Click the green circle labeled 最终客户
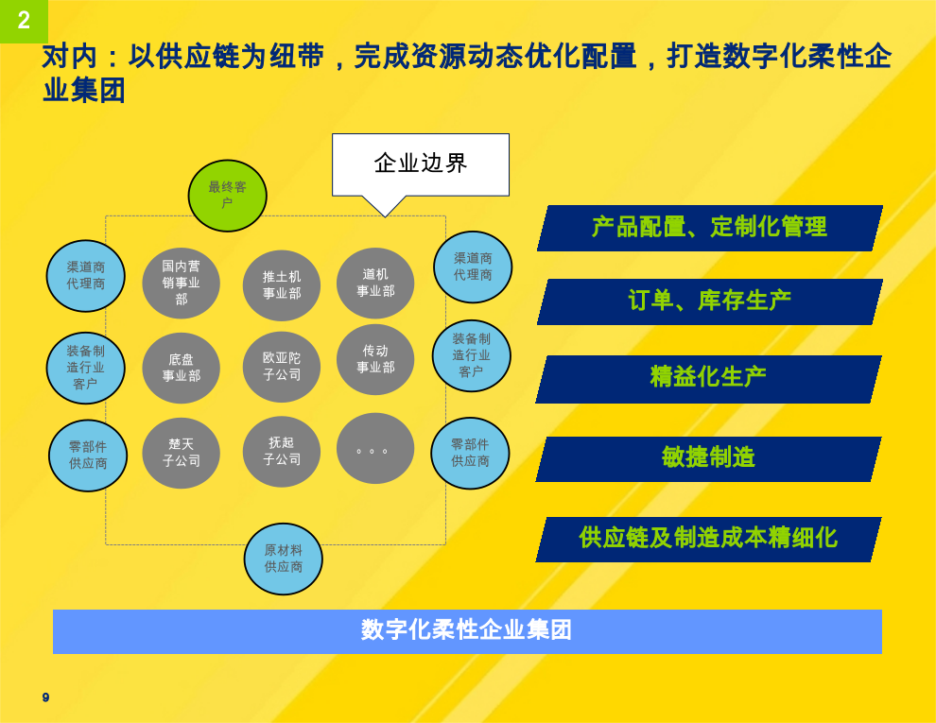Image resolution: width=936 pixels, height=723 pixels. [228, 196]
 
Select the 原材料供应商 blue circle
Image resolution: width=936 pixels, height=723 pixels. [283, 559]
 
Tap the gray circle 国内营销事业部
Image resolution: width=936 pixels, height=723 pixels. [181, 283]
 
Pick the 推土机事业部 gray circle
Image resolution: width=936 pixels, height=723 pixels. [282, 285]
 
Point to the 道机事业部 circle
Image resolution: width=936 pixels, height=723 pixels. [375, 283]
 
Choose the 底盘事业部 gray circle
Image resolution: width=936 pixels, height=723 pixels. [181, 368]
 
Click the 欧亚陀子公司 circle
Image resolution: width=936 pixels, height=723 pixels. [282, 367]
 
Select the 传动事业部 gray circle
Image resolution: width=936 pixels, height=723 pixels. [375, 359]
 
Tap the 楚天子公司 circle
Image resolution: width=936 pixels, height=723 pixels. [181, 453]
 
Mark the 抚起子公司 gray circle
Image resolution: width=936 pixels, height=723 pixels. [282, 451]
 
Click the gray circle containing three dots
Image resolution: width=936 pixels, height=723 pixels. [375, 448]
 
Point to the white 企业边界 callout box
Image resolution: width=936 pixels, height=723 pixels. [421, 165]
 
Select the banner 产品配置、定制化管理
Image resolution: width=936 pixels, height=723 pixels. [710, 228]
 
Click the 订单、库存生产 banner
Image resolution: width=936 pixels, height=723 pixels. [710, 301]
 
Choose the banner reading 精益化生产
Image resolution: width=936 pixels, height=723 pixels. [708, 379]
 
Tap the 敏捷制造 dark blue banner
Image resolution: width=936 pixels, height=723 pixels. [708, 458]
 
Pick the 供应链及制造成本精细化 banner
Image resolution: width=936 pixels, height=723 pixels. [708, 540]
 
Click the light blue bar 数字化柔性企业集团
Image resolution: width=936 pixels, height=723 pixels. [467, 631]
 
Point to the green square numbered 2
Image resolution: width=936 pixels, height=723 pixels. [24, 22]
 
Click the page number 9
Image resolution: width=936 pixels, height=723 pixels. [46, 697]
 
